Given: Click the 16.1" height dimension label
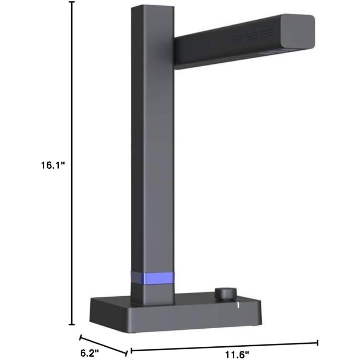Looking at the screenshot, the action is (53, 165).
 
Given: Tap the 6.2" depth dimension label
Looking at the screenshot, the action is (90, 353).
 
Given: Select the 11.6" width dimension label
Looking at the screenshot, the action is (237, 355).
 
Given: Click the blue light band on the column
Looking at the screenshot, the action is (152, 278).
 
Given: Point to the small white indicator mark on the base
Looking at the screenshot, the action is (238, 305).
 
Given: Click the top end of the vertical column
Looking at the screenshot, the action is (152, 7).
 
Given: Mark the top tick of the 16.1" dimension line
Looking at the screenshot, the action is (72, 2).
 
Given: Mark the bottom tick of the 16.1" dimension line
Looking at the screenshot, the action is (72, 324).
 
